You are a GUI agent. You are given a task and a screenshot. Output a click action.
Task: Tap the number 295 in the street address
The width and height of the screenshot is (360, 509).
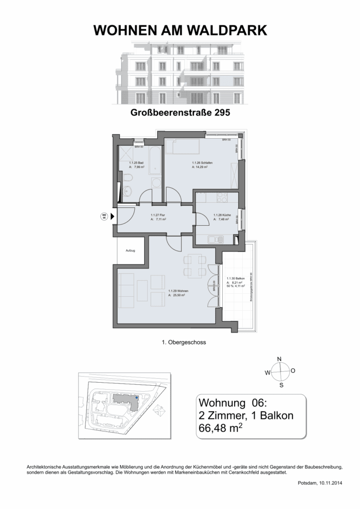[x=222, y=113]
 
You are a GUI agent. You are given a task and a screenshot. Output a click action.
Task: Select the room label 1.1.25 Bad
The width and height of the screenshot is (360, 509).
[x=136, y=163]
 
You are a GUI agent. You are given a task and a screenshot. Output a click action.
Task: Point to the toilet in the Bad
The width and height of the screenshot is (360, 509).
[x=127, y=178]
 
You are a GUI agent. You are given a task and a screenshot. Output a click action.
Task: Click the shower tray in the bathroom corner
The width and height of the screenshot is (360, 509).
[x=125, y=155]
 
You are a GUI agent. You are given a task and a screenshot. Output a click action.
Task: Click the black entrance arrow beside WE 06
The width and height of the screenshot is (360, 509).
[x=112, y=216]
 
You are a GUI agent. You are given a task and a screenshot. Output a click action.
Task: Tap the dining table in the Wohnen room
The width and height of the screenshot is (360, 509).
[x=194, y=265]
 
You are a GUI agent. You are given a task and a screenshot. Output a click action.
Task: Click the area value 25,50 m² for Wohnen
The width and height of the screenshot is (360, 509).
[x=177, y=295]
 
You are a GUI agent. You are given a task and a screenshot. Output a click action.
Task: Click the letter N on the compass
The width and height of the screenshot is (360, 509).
[x=279, y=358]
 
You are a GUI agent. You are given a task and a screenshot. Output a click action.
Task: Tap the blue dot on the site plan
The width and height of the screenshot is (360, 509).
[x=137, y=398]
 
